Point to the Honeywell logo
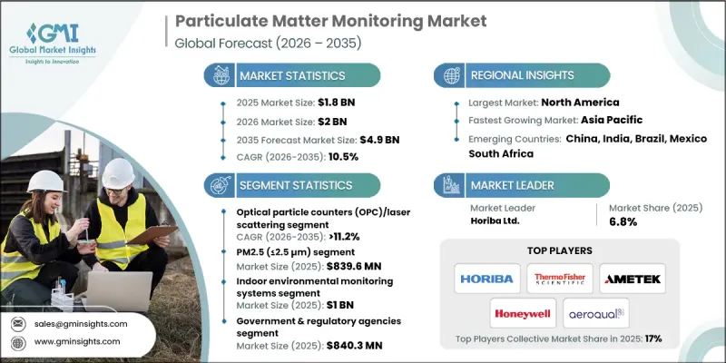point(522,312)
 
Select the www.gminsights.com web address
point(78,341)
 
